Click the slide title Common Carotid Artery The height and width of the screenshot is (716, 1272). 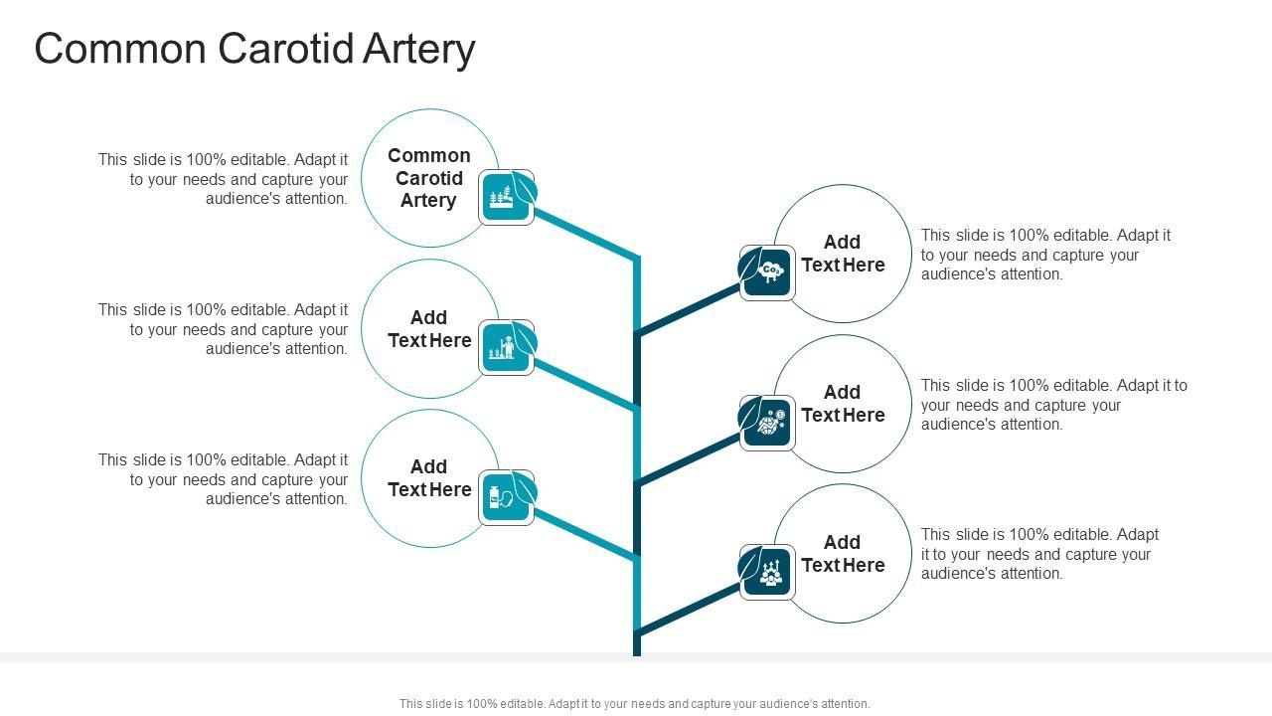pyautogui.click(x=254, y=49)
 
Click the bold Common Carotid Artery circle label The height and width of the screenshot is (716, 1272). pyautogui.click(x=428, y=178)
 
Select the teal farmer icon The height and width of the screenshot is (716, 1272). pyautogui.click(x=505, y=348)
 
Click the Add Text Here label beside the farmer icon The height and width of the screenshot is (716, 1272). pyautogui.click(x=428, y=329)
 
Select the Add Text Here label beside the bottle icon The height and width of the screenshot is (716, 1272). pyautogui.click(x=428, y=478)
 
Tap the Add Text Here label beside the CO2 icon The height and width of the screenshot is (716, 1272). pyautogui.click(x=843, y=254)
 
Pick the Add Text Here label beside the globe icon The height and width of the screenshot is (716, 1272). pyautogui.click(x=843, y=404)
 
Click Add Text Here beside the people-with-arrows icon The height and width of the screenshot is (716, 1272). pyautogui.click(x=843, y=554)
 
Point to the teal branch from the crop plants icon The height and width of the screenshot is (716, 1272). pyautogui.click(x=586, y=235)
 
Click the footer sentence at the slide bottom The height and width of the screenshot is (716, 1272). pyautogui.click(x=634, y=704)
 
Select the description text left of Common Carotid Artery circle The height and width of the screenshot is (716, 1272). pyautogui.click(x=224, y=179)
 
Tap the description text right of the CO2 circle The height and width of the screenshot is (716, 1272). pyautogui.click(x=1045, y=255)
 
